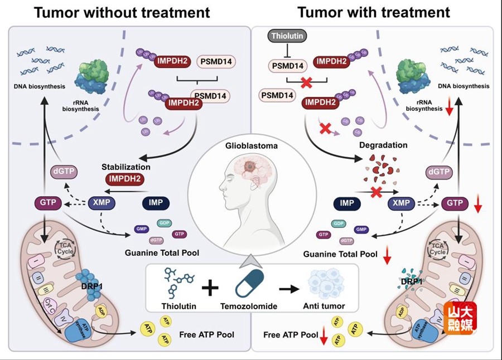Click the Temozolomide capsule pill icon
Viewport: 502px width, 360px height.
(254, 281)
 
